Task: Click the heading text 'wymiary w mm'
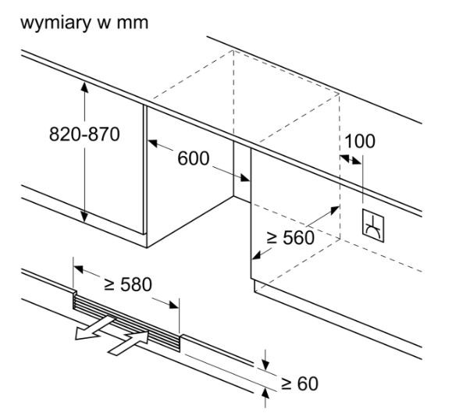click(x=84, y=23)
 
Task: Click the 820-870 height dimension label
click(x=84, y=134)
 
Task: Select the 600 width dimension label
click(x=193, y=158)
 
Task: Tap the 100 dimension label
click(x=360, y=141)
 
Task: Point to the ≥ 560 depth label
click(x=290, y=237)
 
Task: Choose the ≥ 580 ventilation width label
click(x=128, y=284)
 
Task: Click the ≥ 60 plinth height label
click(x=300, y=383)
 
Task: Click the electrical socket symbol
click(x=373, y=226)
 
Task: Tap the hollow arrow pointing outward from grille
click(x=94, y=328)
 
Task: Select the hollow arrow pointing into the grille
click(x=129, y=343)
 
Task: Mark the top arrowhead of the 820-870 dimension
click(x=84, y=87)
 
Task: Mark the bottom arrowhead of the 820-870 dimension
click(x=84, y=217)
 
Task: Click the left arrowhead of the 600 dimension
click(x=153, y=143)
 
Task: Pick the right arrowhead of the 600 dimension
click(x=244, y=178)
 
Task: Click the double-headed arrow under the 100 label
click(x=351, y=159)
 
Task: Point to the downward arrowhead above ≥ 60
click(x=265, y=364)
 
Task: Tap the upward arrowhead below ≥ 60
click(x=265, y=393)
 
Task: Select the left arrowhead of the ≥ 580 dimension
click(x=79, y=269)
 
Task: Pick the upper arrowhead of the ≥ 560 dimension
click(x=334, y=211)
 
